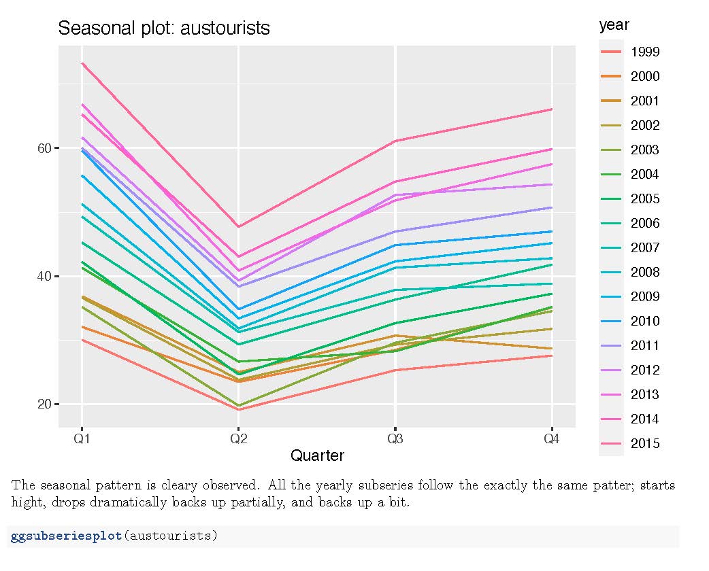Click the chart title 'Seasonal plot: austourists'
pyautogui.click(x=163, y=29)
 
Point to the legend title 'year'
pyautogui.click(x=614, y=25)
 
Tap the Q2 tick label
pyautogui.click(x=238, y=438)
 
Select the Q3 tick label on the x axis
pyautogui.click(x=395, y=438)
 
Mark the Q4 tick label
pyautogui.click(x=551, y=438)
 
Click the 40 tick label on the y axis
pyautogui.click(x=44, y=276)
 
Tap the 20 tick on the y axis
pyautogui.click(x=44, y=404)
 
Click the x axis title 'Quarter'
pyautogui.click(x=317, y=455)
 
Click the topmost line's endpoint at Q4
pyautogui.click(x=551, y=109)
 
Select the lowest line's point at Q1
pyautogui.click(x=82, y=339)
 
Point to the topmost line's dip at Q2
pyautogui.click(x=238, y=226)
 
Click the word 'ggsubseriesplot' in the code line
pyautogui.click(x=65, y=536)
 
